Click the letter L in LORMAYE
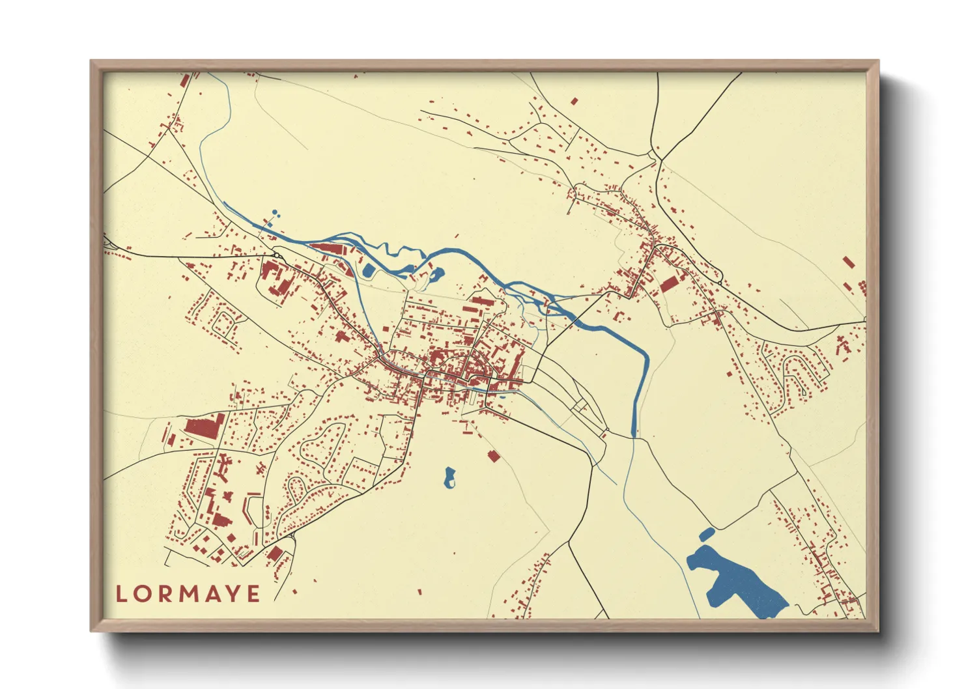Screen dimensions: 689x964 point(122,594)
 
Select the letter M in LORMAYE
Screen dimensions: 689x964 point(188,594)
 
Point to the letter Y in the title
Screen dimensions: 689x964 point(233,594)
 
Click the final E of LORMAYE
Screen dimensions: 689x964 point(253,594)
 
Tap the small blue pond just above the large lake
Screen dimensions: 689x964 point(706,534)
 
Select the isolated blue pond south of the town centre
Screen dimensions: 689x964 point(449,477)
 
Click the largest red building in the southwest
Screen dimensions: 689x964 point(205,427)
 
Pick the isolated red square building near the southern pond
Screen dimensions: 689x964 point(493,456)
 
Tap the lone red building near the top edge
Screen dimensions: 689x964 point(574,101)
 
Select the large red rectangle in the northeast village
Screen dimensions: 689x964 point(669,284)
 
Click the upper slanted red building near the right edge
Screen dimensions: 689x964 point(848,262)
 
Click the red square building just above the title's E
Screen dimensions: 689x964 point(276,554)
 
